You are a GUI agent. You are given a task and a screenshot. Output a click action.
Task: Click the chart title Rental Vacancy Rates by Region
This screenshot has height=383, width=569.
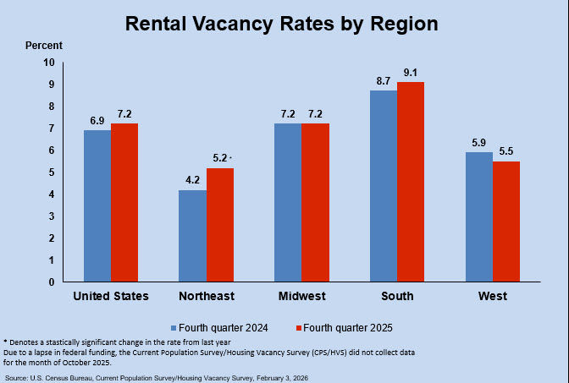click(282, 24)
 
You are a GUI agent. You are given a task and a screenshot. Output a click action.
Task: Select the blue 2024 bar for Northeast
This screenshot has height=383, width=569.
click(192, 236)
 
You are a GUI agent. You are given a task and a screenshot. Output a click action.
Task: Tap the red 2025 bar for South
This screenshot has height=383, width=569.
click(411, 182)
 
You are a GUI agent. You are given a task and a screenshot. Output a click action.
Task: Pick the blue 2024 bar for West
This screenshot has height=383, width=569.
click(478, 217)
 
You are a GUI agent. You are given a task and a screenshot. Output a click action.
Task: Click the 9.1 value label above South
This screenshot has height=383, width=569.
click(412, 72)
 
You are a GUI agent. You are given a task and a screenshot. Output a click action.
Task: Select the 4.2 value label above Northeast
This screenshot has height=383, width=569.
click(192, 180)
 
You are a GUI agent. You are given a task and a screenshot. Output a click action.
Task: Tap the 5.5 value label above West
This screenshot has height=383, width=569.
click(506, 150)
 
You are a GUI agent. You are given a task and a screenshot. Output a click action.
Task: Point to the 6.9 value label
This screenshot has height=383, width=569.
click(97, 120)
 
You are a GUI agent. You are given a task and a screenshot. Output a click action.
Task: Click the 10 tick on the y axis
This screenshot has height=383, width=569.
click(48, 63)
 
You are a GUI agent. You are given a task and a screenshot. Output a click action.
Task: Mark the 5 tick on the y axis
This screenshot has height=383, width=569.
click(51, 172)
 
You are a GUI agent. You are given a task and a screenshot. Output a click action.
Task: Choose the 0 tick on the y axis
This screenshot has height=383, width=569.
click(51, 282)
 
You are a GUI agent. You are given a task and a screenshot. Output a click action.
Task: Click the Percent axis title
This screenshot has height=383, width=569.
click(43, 45)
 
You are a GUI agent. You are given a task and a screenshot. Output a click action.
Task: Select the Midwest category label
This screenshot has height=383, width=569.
click(302, 296)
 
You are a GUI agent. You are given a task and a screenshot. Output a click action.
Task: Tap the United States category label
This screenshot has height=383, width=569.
click(111, 296)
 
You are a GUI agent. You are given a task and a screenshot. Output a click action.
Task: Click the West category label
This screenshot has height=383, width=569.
click(492, 296)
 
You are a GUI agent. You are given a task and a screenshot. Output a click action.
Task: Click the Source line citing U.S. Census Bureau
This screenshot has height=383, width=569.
click(157, 376)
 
